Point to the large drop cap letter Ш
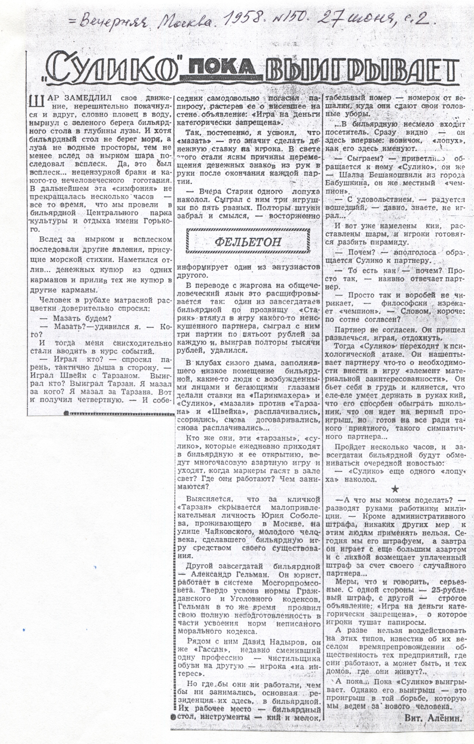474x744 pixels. [x=35, y=102]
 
